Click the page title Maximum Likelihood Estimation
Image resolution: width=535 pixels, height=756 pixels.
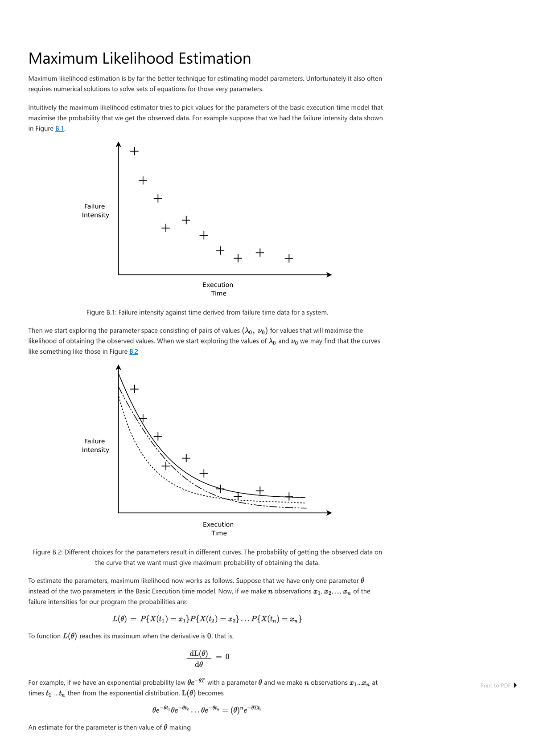[140, 59]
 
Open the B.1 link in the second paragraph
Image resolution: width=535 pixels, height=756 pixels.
[60, 129]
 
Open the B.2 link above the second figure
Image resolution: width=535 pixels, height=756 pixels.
[134, 351]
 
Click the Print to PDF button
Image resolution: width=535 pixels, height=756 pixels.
[498, 686]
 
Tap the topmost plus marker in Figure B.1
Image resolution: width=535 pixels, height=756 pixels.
[134, 151]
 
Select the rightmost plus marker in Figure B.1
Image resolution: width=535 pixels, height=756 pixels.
[289, 258]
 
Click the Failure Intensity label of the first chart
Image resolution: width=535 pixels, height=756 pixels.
[95, 211]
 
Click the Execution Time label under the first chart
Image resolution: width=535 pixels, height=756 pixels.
[218, 289]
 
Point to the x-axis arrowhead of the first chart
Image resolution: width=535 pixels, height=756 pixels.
[329, 275]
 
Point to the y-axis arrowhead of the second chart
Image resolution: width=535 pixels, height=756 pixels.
[118, 367]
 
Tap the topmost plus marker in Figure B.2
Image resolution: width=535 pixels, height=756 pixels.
[134, 389]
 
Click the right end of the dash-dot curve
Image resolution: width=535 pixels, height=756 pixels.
[305, 508]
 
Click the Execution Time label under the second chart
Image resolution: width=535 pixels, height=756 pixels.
[218, 529]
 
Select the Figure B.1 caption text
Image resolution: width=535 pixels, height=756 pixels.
[207, 313]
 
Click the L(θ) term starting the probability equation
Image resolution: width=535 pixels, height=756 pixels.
[119, 619]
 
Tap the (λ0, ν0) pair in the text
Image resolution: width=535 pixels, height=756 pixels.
[255, 331]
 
